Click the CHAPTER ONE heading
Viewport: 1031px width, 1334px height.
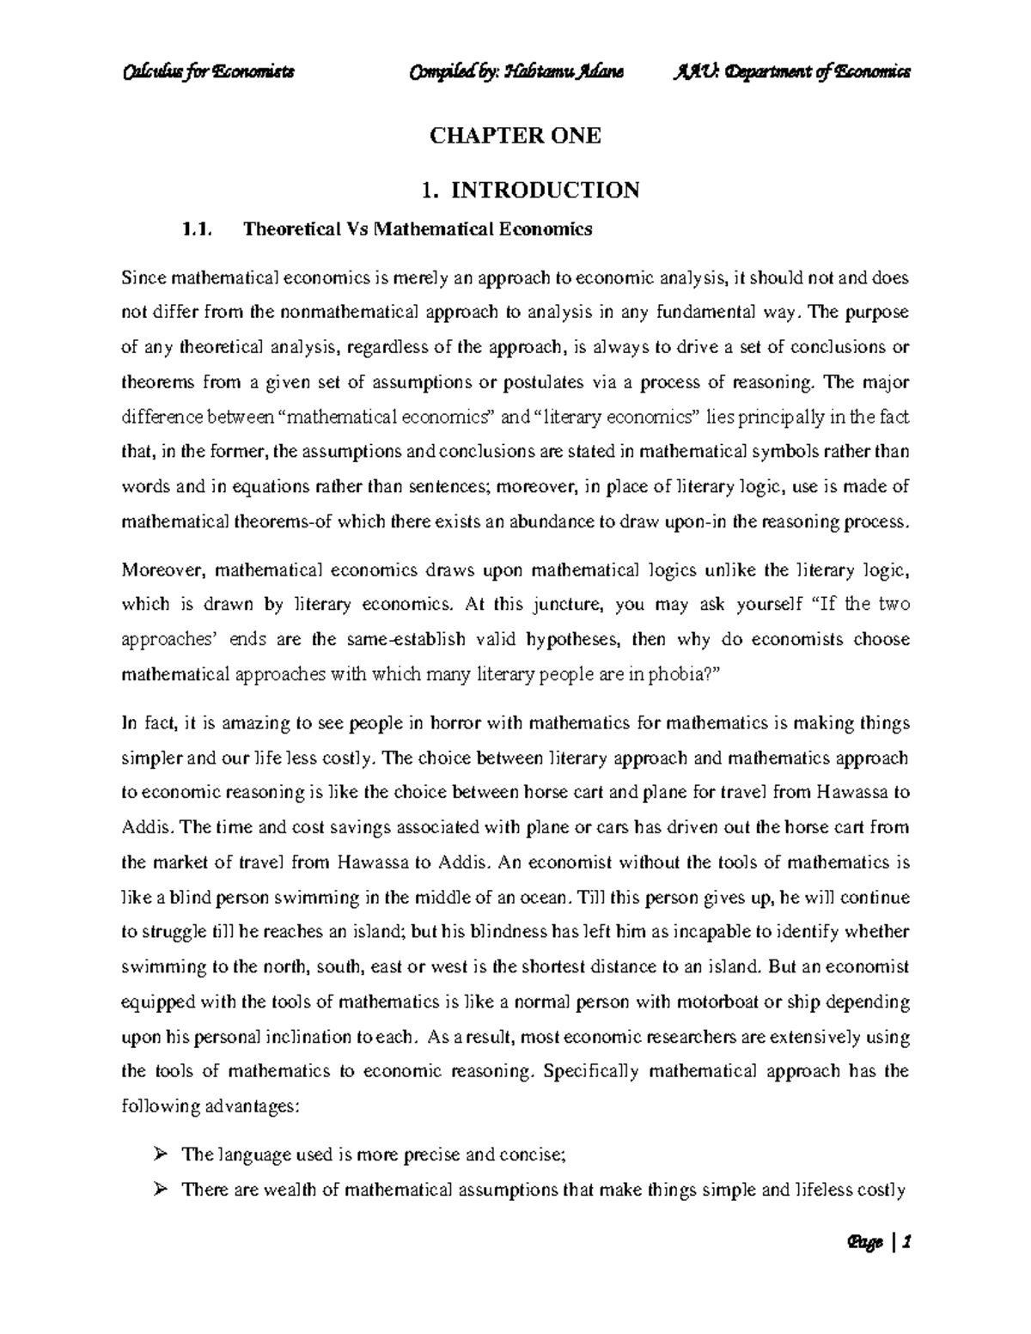pos(515,136)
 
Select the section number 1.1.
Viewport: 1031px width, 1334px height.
pos(192,229)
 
